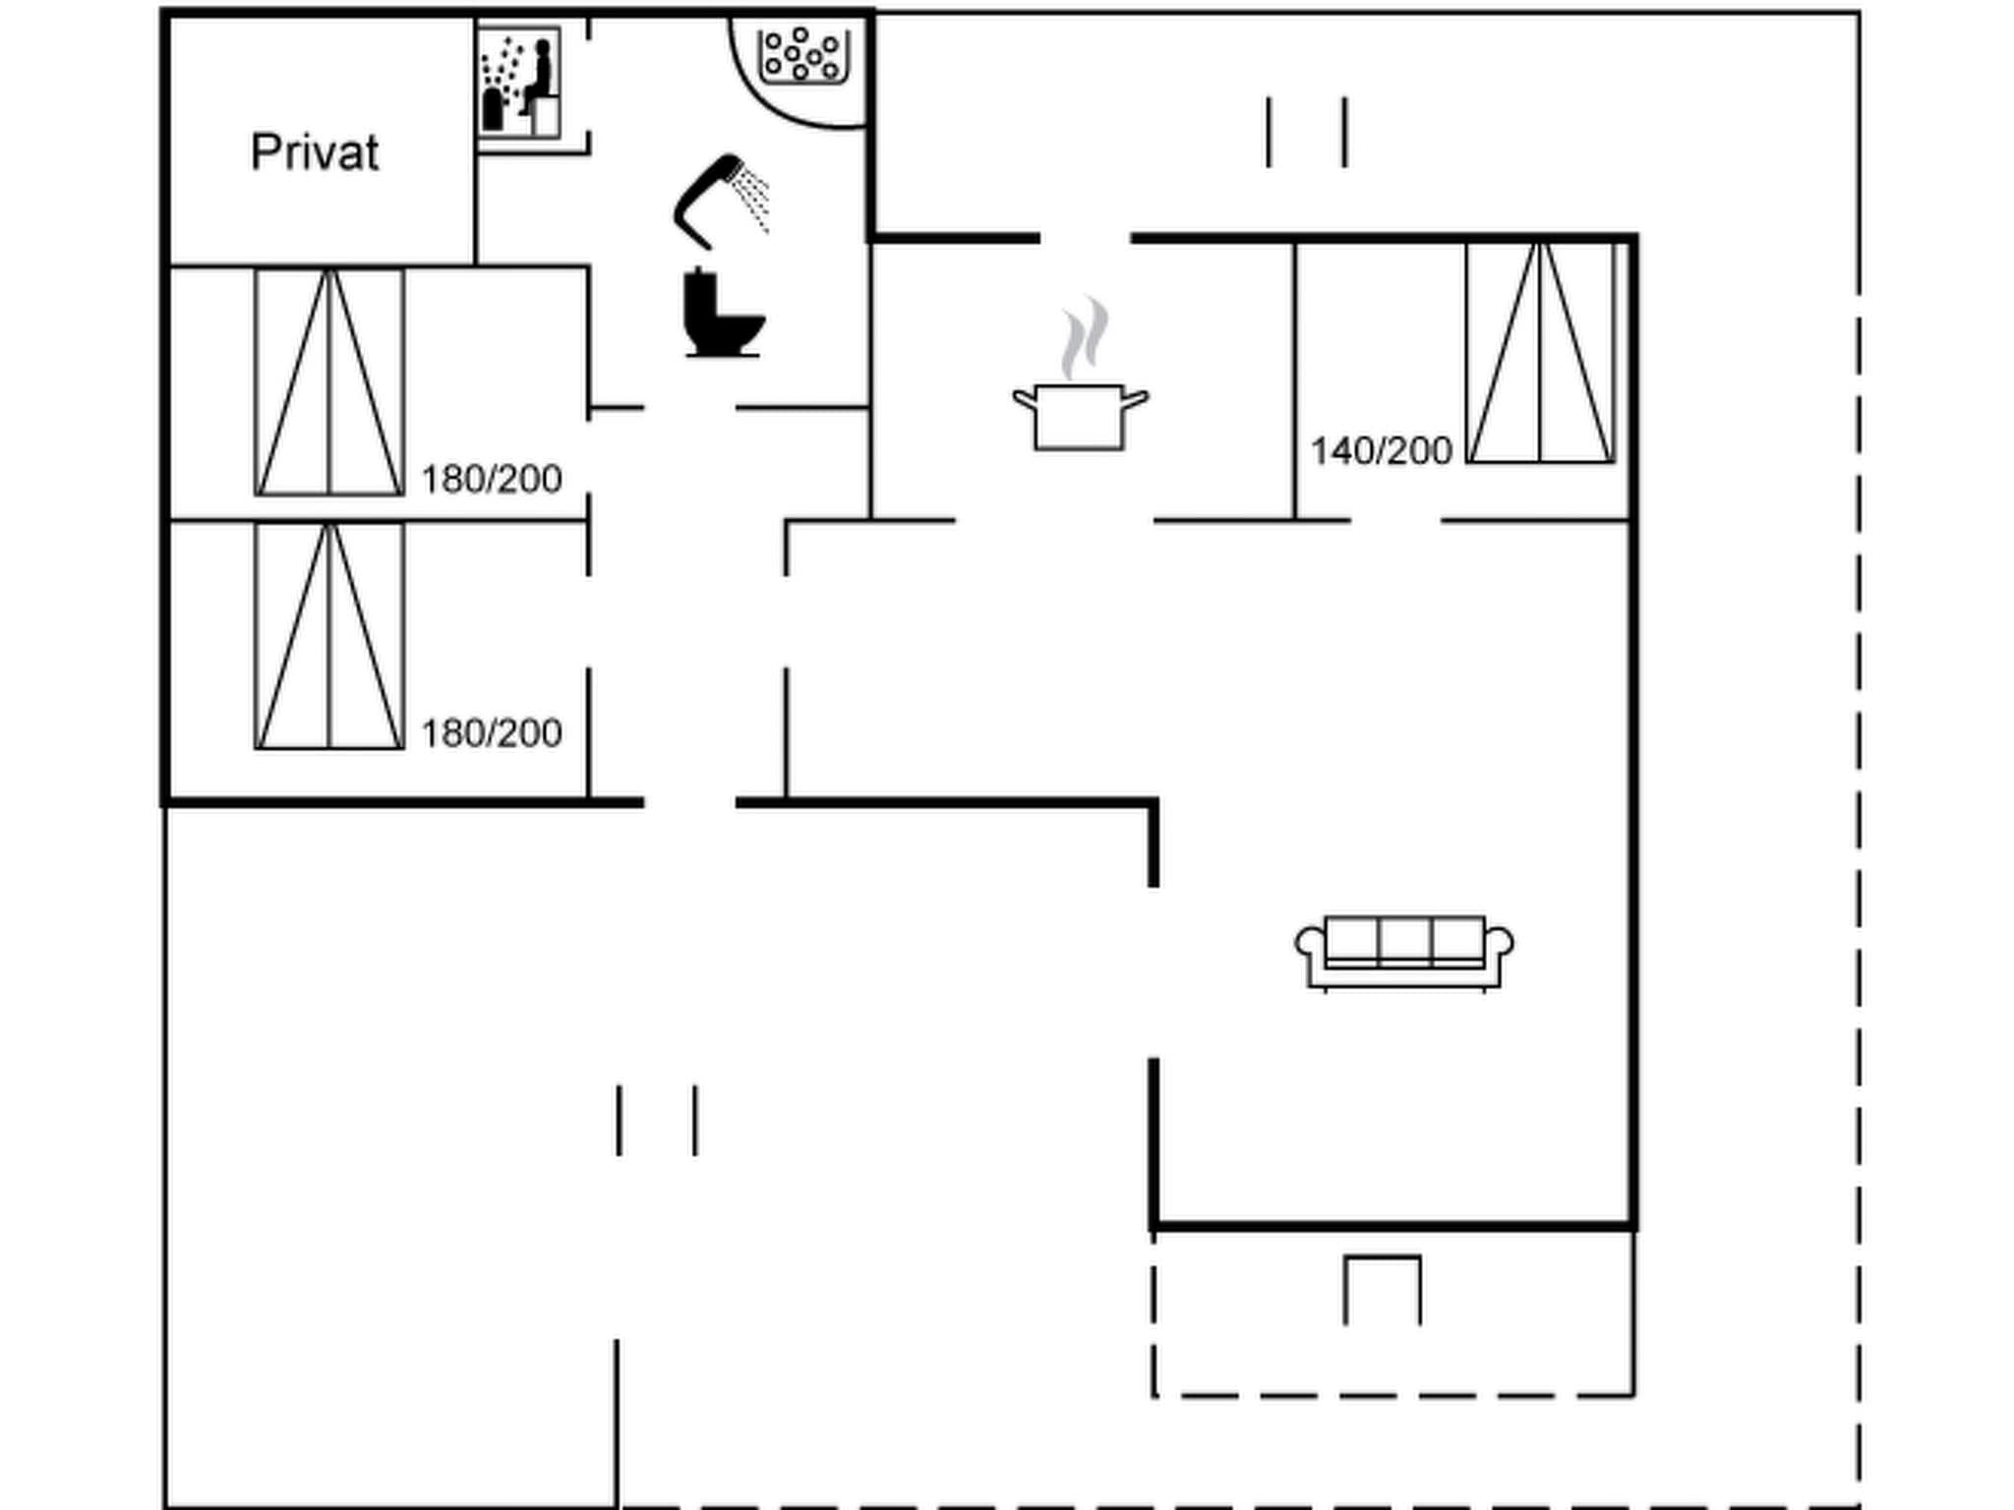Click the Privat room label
[315, 153]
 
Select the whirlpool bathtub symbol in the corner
[803, 57]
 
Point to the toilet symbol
[723, 314]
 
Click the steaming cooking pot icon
[1080, 417]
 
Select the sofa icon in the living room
[1403, 953]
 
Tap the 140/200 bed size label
[1381, 451]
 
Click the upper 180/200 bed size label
[491, 480]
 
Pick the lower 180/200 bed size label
[491, 733]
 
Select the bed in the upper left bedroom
[329, 381]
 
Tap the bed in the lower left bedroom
[329, 636]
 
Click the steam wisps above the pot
[1085, 337]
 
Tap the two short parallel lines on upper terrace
[1306, 132]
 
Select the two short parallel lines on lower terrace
[657, 1121]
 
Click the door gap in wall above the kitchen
[1085, 238]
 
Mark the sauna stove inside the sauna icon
[493, 109]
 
